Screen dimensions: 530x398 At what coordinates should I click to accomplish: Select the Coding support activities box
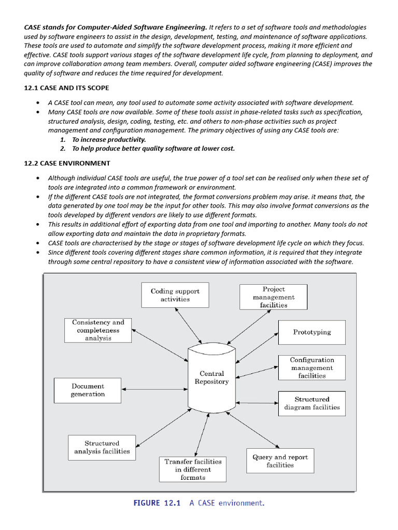pyautogui.click(x=175, y=295)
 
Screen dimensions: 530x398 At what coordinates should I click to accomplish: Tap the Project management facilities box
pyautogui.click(x=274, y=297)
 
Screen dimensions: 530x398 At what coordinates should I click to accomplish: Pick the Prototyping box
pyautogui.click(x=311, y=332)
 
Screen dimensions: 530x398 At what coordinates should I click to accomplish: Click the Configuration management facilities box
pyautogui.click(x=311, y=367)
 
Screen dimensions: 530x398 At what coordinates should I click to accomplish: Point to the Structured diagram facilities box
pyautogui.click(x=311, y=403)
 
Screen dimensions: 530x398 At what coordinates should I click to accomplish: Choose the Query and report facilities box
pyautogui.click(x=280, y=461)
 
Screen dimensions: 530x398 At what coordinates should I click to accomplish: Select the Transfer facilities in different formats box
pyautogui.click(x=193, y=469)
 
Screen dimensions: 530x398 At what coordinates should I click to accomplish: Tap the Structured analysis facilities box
pyautogui.click(x=102, y=447)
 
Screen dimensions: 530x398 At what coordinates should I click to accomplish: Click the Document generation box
pyautogui.click(x=88, y=390)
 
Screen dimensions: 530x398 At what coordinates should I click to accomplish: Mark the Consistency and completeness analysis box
pyautogui.click(x=98, y=330)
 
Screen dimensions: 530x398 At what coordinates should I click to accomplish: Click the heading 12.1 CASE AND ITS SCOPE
pyautogui.click(x=66, y=88)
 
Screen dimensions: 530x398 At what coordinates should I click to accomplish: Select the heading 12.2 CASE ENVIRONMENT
pyautogui.click(x=66, y=163)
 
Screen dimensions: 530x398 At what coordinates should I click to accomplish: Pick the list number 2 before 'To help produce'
pyautogui.click(x=63, y=149)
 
